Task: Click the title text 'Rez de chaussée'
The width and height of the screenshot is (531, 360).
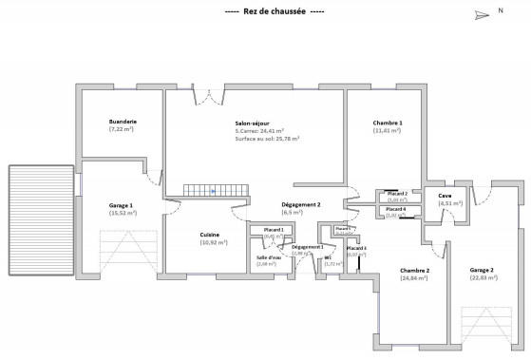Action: (x=274, y=11)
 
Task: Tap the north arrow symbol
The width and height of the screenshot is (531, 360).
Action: (x=480, y=13)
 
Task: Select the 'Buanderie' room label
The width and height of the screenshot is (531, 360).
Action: (x=123, y=122)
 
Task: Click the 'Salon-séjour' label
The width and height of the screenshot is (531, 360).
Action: (x=252, y=123)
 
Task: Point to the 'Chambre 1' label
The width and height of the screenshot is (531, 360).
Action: (x=388, y=123)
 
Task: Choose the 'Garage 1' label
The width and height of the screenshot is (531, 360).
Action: (x=122, y=206)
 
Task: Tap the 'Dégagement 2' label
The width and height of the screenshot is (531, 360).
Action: (x=301, y=204)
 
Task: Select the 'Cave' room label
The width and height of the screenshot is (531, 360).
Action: (x=444, y=196)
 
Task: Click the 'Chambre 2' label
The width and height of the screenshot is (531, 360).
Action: (x=414, y=271)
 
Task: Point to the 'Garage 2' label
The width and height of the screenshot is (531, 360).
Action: (x=482, y=270)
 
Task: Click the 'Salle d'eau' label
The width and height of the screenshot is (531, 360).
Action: (x=269, y=257)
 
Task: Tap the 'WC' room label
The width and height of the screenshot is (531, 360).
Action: (x=327, y=257)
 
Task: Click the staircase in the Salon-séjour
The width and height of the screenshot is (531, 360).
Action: (x=215, y=191)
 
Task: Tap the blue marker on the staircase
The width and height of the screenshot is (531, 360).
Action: (x=214, y=191)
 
